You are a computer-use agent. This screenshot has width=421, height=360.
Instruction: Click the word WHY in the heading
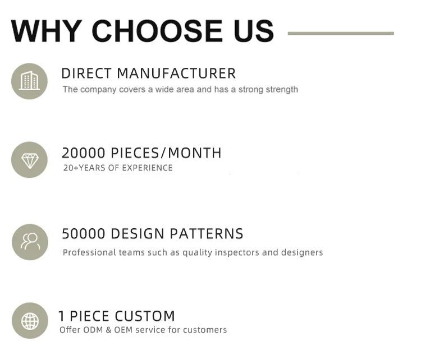[x=47, y=31]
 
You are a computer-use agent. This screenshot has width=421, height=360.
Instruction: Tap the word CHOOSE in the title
[x=157, y=31]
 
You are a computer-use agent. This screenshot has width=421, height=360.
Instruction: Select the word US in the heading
[x=254, y=31]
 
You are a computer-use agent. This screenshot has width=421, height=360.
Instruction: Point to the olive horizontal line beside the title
[x=341, y=33]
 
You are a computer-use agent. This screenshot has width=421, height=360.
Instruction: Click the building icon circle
[x=29, y=81]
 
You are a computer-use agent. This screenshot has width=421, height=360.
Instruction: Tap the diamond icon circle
[x=29, y=160]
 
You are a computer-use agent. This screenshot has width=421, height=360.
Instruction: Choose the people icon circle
[x=30, y=242]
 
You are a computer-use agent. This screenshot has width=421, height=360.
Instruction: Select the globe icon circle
[x=30, y=321]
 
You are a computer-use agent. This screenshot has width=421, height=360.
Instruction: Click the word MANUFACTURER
[x=176, y=73]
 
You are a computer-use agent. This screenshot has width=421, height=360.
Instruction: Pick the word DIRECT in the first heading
[x=86, y=73]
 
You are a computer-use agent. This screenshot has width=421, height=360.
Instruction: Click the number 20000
[x=83, y=153]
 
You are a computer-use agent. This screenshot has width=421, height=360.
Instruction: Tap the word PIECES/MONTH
[x=166, y=153]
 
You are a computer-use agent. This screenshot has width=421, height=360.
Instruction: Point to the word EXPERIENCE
[x=147, y=168]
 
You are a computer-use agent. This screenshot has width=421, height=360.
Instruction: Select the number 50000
[x=84, y=234]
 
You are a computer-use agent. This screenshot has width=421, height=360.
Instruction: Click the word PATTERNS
[x=207, y=234]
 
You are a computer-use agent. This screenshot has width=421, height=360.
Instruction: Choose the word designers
[x=302, y=252]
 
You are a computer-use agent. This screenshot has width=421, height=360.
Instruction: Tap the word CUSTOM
[x=145, y=316]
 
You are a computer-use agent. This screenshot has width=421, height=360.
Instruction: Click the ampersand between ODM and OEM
[x=108, y=330]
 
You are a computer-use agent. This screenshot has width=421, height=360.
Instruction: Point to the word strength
[x=282, y=90]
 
